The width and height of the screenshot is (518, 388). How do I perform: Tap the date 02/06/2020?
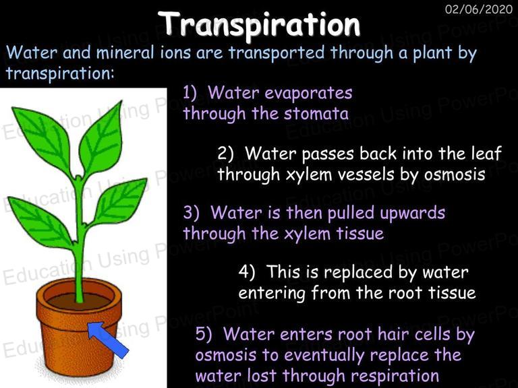pos(479,9)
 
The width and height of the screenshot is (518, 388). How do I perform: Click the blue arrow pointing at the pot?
pos(109,339)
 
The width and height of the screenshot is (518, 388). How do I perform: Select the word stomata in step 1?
pos(316,113)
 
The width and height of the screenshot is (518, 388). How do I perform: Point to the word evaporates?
pos(308,94)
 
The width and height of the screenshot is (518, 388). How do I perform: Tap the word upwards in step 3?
pos(412,214)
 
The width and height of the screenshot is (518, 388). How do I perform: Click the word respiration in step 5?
pos(395,376)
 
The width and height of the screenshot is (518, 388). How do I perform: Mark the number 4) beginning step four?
pos(247,273)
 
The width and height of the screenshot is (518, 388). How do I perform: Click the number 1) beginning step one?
pos(190,93)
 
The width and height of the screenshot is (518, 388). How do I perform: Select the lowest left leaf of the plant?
pos(40,222)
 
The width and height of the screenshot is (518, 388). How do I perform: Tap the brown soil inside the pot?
pos(80,301)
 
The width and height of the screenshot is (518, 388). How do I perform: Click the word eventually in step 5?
pos(324,356)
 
